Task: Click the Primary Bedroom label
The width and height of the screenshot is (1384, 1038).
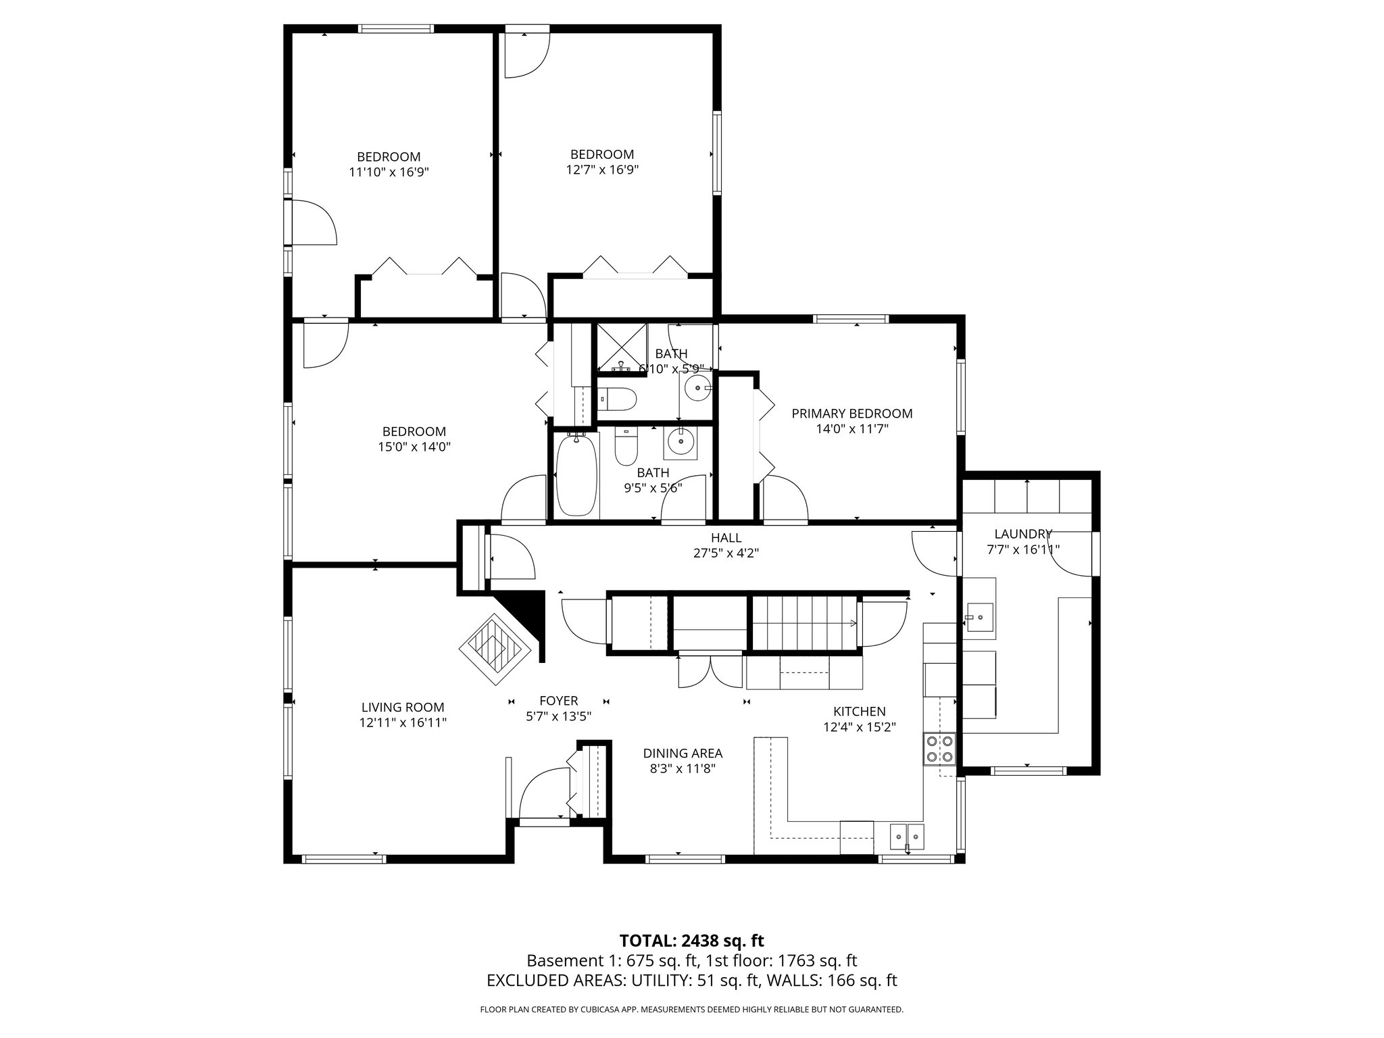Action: coord(851,414)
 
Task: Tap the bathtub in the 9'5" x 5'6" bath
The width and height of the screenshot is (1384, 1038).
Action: coord(576,476)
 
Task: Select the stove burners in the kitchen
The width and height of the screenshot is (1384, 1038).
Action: coord(939,749)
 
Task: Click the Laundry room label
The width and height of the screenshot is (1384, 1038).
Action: coord(1022,534)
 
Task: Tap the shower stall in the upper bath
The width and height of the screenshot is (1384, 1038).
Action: coord(621,347)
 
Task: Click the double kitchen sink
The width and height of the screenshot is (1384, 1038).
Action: coord(907,835)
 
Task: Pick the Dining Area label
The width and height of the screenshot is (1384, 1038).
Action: coord(682,753)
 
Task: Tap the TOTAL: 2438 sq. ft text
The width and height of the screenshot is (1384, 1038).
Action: coord(691,941)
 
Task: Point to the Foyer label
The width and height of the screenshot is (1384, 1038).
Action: coord(558,701)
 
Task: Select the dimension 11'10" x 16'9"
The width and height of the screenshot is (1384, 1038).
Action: coord(389,172)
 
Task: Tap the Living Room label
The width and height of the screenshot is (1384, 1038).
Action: coord(403,708)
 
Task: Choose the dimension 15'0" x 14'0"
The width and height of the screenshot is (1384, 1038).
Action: coord(414,447)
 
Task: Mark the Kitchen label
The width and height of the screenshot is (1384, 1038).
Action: coord(859,712)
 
